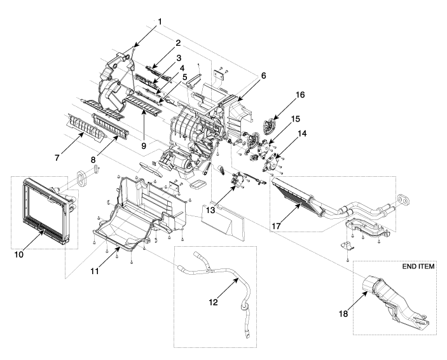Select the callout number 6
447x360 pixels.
[x=245, y=75]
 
